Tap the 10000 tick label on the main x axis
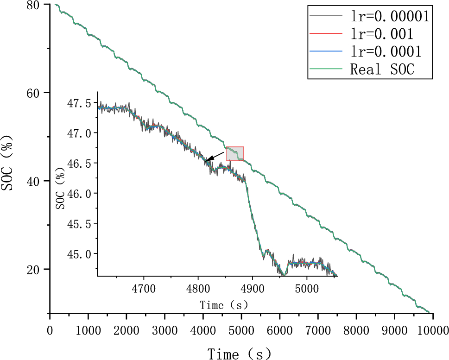tap(433, 330)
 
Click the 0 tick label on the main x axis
tap(50, 330)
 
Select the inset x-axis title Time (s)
tap(224, 305)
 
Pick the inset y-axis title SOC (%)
tap(60, 190)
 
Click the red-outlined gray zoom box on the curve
tap(235, 153)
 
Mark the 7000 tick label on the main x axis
tap(318, 330)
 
